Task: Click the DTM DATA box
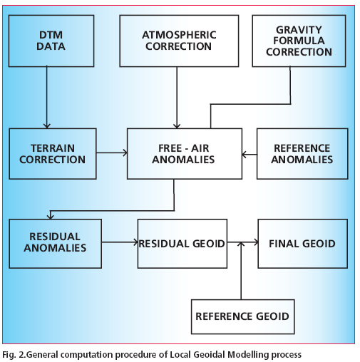pos(51,41)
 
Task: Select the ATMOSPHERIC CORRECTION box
pos(179,41)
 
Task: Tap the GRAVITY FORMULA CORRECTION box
pos(299,41)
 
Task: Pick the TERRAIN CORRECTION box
pos(53,154)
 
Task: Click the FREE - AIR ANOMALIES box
pos(185,154)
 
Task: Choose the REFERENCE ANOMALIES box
pos(302,154)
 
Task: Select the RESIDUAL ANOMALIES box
pos(56,244)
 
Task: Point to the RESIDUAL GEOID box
pos(182,244)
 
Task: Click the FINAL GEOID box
pos(303,244)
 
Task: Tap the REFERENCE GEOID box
pos(242,316)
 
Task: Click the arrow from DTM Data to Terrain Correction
pos(47,98)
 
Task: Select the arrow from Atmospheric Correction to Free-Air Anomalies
pos(177,98)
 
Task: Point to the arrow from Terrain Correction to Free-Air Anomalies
pos(112,152)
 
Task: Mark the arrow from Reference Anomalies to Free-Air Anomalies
pos(250,155)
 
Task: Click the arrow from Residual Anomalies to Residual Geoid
pos(120,242)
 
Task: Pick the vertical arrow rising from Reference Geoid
pos(241,271)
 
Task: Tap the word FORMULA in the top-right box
pos(299,41)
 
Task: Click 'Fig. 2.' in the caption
pos(14,355)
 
